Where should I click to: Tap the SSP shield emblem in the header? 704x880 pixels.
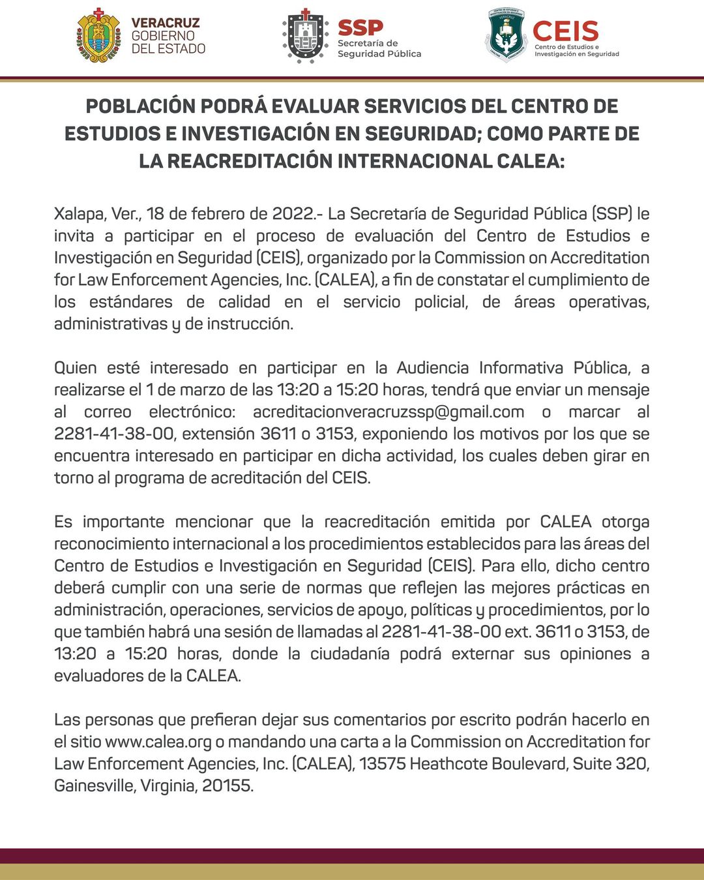point(305,36)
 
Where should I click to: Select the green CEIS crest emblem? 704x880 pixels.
point(506,35)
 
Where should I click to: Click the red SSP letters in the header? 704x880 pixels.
point(360,27)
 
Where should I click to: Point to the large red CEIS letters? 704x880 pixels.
point(565,31)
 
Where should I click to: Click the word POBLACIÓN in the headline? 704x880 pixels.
point(141,106)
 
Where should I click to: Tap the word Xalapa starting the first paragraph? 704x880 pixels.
point(79,214)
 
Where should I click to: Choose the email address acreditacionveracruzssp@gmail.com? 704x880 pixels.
point(389,412)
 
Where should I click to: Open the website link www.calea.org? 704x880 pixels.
point(158,742)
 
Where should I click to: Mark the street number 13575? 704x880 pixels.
point(382,764)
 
